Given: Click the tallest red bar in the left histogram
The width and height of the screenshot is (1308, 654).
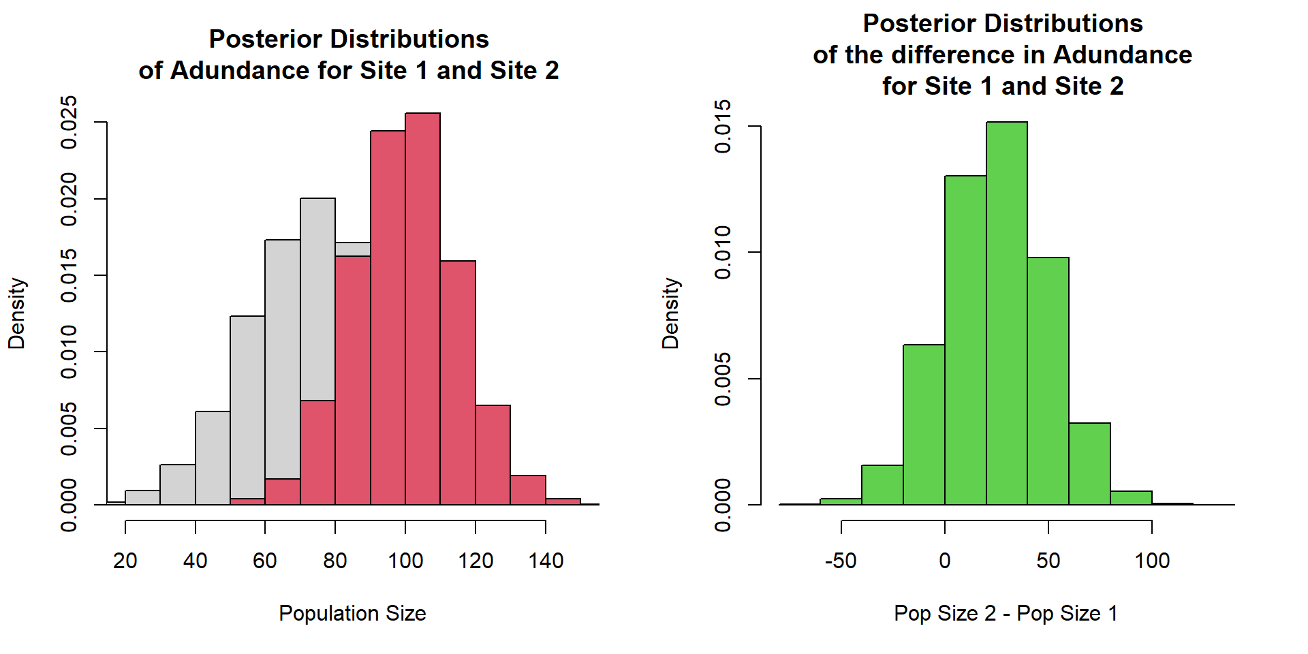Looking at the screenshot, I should pyautogui.click(x=422, y=307).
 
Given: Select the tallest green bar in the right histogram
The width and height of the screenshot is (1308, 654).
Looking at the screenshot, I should pyautogui.click(x=1006, y=313).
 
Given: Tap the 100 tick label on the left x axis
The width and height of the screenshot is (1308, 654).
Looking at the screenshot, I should pyautogui.click(x=405, y=561).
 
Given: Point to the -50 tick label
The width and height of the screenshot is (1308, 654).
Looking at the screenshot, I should pyautogui.click(x=840, y=561).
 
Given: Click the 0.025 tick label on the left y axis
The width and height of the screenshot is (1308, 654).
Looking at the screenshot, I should pyautogui.click(x=69, y=122).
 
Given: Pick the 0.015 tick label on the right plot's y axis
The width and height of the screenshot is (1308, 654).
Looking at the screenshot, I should pyautogui.click(x=723, y=127).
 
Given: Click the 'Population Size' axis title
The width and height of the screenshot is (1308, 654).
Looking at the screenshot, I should pyautogui.click(x=352, y=613).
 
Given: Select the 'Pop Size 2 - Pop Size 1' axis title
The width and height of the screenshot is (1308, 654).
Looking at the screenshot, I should pyautogui.click(x=1006, y=613).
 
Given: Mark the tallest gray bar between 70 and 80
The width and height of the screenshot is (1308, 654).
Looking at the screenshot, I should pyautogui.click(x=317, y=300).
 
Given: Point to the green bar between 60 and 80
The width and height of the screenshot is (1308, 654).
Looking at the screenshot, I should pyautogui.click(x=1089, y=464).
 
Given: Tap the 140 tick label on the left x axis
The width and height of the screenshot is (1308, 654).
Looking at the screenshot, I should pyautogui.click(x=546, y=561).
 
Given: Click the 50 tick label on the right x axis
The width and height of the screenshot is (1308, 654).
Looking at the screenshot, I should pyautogui.click(x=1048, y=561).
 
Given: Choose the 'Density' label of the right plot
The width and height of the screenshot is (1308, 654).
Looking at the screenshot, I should pyautogui.click(x=670, y=313).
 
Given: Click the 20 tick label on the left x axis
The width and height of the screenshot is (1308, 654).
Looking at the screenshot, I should pyautogui.click(x=125, y=561).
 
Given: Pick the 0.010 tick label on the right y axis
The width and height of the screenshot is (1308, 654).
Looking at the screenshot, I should pyautogui.click(x=723, y=253).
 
